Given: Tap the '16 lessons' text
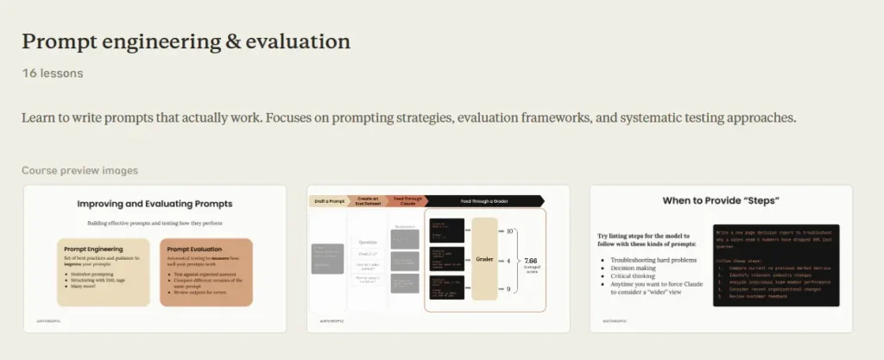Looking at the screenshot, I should tap(53, 73).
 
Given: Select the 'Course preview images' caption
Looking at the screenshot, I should tap(79, 171).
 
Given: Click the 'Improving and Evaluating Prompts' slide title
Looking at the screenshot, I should tap(155, 205).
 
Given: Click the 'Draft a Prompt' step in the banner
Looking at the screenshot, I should tap(328, 200).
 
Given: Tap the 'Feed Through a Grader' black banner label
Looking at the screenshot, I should tap(483, 200).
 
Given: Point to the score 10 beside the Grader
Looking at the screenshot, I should tap(510, 231).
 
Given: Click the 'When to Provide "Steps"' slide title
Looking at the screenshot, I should tap(721, 200).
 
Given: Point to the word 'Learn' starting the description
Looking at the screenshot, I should tap(39, 118).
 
